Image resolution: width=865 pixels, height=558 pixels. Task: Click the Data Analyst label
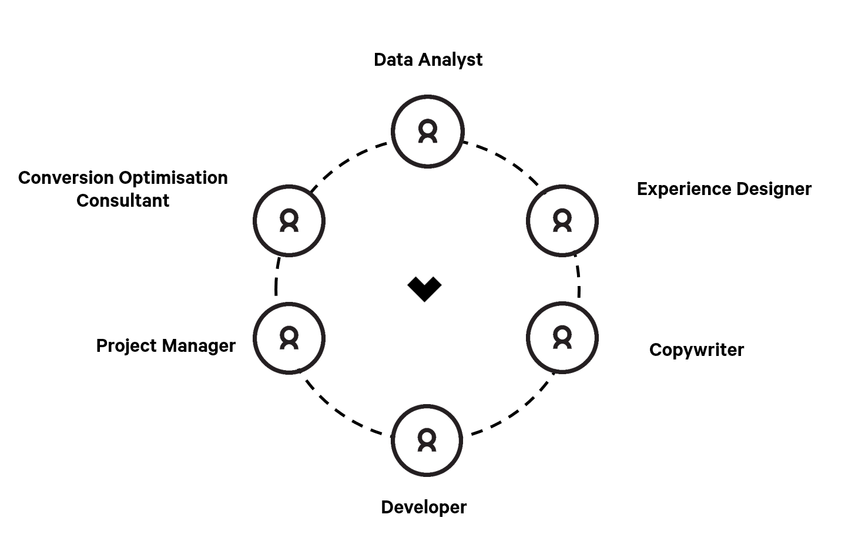point(428,60)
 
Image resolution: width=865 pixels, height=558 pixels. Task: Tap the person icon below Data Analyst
point(428,131)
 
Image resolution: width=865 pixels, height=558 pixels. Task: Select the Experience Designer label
point(724,189)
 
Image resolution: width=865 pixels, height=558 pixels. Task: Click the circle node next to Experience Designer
point(562,221)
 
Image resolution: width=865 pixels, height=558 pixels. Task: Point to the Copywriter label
point(696,350)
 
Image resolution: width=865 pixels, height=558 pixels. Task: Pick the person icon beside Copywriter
point(562,338)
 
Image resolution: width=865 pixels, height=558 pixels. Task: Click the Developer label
point(424,507)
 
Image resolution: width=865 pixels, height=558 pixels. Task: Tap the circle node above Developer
point(427,440)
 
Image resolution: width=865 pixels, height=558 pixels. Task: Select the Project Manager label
point(166,346)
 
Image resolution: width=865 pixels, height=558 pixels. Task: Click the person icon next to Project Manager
point(289,338)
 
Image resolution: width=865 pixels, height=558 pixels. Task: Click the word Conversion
point(66,178)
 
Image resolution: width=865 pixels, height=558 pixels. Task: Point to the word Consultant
point(123,201)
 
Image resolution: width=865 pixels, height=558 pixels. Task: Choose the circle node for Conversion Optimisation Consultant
point(289,221)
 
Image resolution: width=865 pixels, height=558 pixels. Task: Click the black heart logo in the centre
point(424,288)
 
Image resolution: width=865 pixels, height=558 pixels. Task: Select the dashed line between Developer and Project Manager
point(341,412)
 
